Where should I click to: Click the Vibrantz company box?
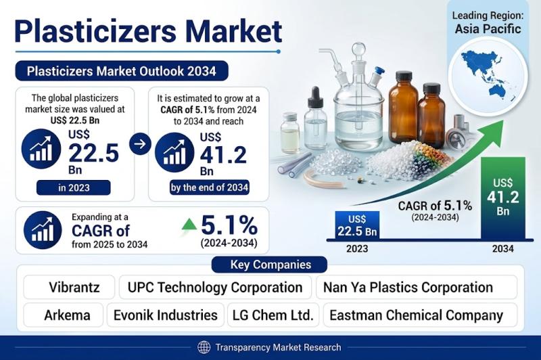[x=69, y=287]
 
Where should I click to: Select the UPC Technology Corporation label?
[x=215, y=287]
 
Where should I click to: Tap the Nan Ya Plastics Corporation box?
[x=417, y=287]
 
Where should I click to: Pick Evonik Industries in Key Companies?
[x=166, y=315]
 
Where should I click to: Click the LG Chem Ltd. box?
[x=273, y=315]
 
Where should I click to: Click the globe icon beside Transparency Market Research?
[x=204, y=347]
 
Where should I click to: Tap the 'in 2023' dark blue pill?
[x=74, y=187]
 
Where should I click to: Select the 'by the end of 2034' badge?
[x=210, y=187]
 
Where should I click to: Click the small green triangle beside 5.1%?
[x=189, y=225]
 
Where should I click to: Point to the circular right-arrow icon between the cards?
[x=140, y=143]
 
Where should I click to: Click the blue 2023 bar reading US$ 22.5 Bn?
[x=358, y=225]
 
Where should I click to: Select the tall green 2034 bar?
[x=503, y=198]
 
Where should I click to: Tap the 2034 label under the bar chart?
[x=503, y=248]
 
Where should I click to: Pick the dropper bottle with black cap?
[x=316, y=118]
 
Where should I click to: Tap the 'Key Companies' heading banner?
[x=269, y=265]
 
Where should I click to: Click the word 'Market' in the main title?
[x=234, y=31]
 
